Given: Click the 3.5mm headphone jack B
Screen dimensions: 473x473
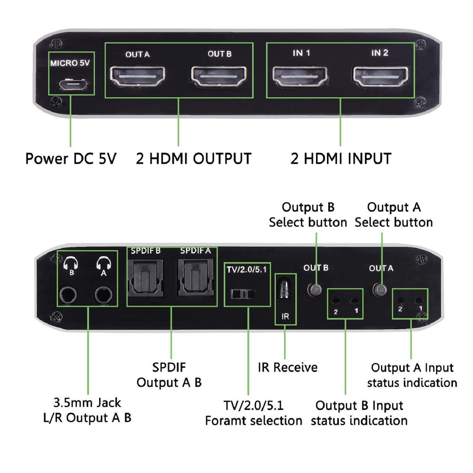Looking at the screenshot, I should (68, 295).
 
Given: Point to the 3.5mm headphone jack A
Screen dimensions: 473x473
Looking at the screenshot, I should (103, 295).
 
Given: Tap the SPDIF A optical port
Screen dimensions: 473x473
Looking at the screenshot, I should (195, 278).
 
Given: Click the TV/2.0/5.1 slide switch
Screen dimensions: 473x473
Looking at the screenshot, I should (243, 294).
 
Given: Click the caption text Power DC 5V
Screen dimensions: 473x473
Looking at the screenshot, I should (71, 159).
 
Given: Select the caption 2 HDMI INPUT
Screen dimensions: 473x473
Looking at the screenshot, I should (341, 159).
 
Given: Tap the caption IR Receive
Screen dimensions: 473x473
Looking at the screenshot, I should (288, 367).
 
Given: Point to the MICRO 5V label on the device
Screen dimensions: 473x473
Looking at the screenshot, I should (70, 63).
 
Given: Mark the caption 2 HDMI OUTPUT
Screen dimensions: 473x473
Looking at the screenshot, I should (194, 159).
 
